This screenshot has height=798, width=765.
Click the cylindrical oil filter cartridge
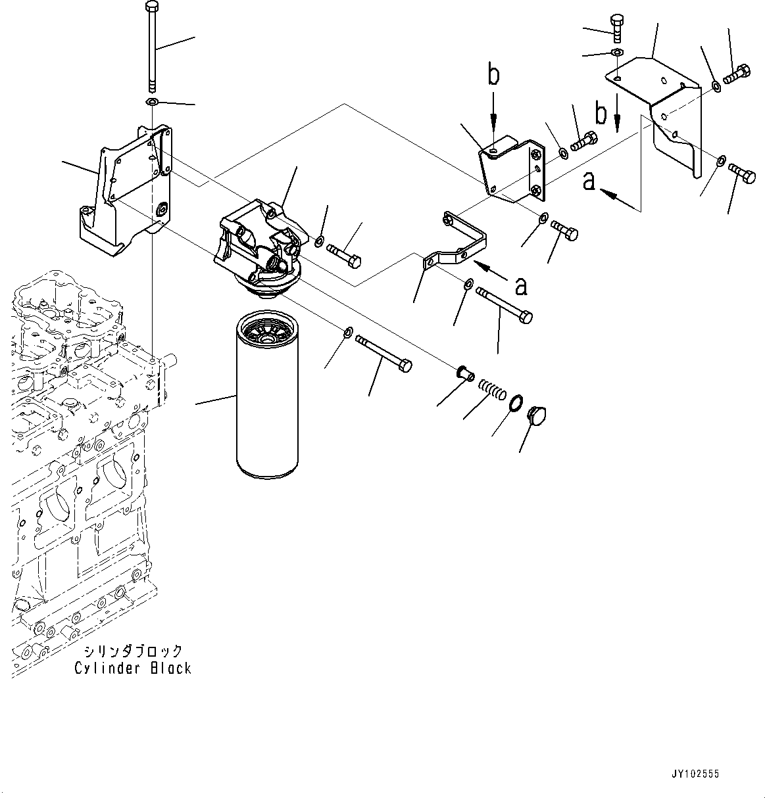tap(267, 394)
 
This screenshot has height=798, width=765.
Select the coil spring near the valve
tap(491, 389)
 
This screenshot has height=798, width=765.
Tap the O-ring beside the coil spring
tap(516, 402)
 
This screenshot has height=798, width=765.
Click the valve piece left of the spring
tap(466, 373)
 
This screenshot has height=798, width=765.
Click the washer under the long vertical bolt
tap(152, 102)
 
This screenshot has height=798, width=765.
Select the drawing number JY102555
tap(695, 774)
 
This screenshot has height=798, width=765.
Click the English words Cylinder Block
tap(133, 669)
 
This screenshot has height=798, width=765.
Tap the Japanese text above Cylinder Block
tap(134, 651)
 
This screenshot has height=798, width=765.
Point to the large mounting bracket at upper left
tap(126, 191)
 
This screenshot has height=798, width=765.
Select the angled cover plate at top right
tap(654, 115)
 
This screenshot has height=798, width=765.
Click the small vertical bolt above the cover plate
tap(617, 28)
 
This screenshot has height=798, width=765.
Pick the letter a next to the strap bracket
tap(521, 286)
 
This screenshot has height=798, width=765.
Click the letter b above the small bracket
tap(493, 75)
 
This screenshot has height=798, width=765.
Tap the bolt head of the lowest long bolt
tap(405, 365)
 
